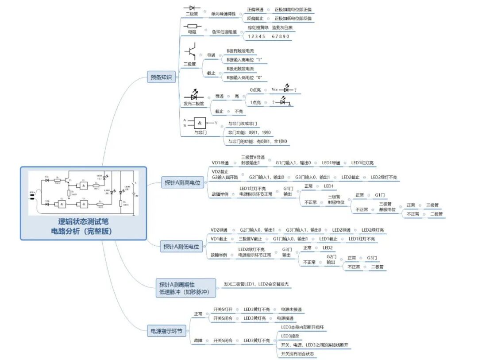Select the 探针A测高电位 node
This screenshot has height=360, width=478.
tap(182, 182)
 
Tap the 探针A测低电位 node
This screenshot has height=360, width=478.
tap(181, 247)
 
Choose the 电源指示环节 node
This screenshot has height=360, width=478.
tap(167, 330)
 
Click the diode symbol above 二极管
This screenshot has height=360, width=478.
tap(192, 8)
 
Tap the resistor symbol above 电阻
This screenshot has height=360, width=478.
tap(192, 26)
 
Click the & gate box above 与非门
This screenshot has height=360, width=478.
tap(200, 123)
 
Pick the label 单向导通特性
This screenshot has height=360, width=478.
tap(223, 14)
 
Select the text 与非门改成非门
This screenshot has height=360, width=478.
tap(243, 124)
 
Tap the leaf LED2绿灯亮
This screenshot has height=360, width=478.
tap(373, 230)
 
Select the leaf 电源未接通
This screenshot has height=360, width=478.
tap(292, 309)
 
